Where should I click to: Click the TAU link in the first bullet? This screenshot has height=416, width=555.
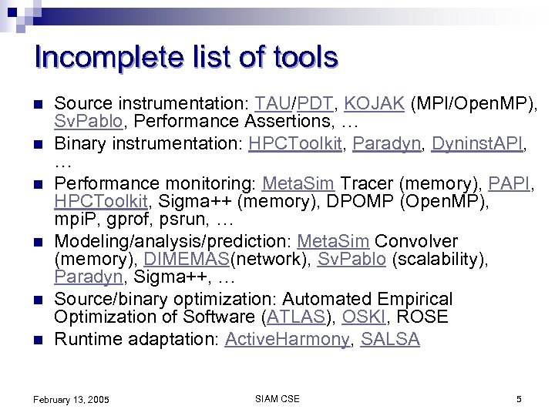point(271,103)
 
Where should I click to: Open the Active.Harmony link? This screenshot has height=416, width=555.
point(287,340)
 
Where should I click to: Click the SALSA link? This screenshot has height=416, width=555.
point(390,340)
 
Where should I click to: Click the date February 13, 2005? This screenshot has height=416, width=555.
point(71,400)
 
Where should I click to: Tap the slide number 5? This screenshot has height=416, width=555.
point(519,399)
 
